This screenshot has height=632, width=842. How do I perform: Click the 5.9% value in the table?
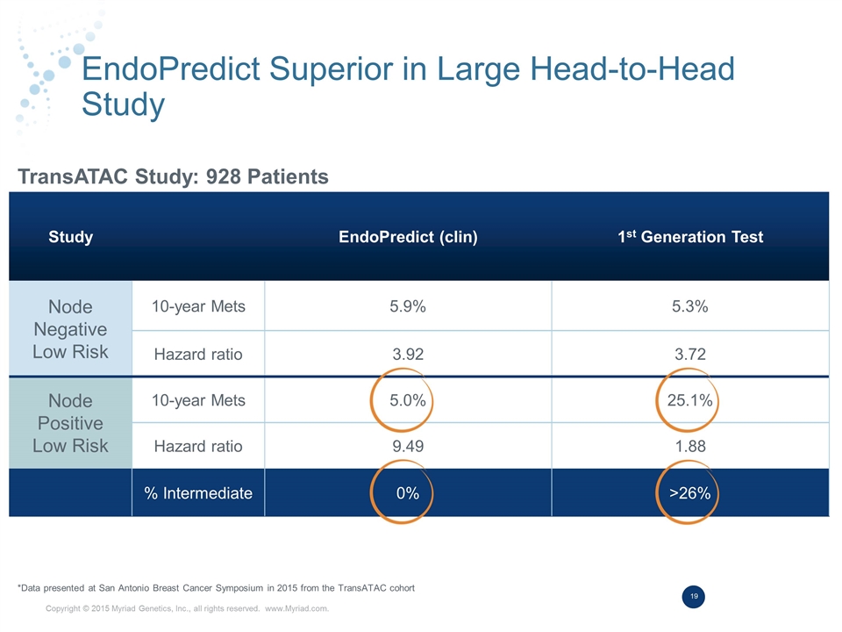tap(408, 306)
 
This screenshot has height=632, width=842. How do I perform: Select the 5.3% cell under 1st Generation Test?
tap(689, 306)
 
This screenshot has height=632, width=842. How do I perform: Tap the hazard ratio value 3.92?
tap(408, 355)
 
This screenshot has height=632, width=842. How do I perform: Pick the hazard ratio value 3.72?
tap(689, 355)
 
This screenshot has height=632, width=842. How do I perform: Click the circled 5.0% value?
tap(408, 401)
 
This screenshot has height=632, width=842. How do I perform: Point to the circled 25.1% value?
tap(689, 401)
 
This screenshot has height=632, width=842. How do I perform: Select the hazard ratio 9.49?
tap(408, 446)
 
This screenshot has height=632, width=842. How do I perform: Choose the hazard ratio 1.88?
tap(689, 446)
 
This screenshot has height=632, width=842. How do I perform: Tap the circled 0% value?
tap(407, 493)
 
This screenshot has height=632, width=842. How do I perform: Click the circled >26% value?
tap(689, 493)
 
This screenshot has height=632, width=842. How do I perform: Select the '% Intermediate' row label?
tap(198, 493)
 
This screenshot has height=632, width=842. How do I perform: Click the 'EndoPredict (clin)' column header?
tap(408, 237)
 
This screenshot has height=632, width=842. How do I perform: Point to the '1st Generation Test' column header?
tap(689, 237)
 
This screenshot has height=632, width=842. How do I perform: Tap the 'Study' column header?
tap(71, 237)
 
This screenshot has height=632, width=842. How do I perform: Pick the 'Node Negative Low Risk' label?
tap(70, 329)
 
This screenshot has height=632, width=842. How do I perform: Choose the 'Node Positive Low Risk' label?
tap(70, 423)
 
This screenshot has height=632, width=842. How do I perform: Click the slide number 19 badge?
tap(694, 597)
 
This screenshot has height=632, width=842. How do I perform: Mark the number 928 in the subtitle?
tap(224, 177)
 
